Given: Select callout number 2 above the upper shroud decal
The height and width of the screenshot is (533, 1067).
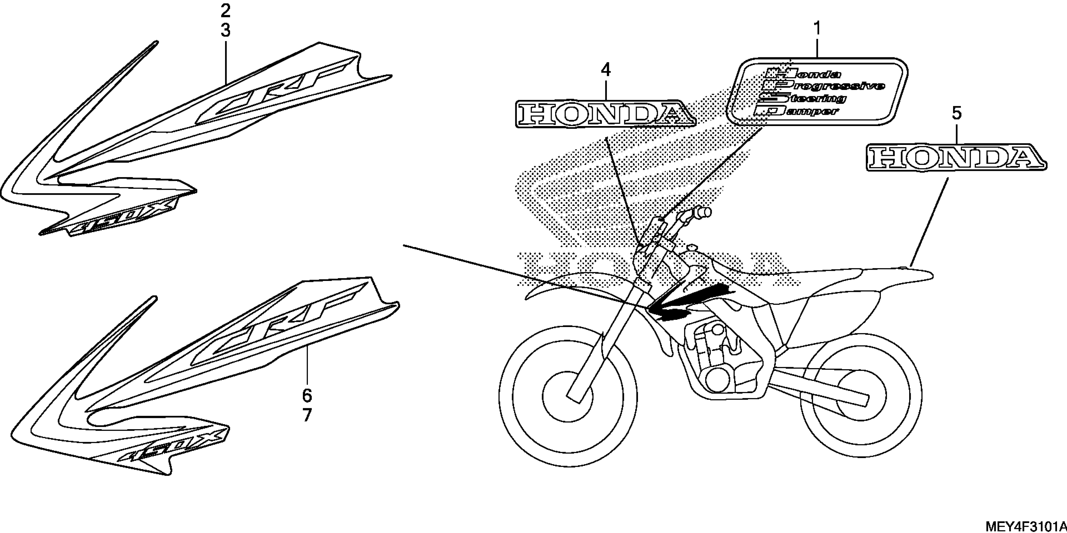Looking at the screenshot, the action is click(x=225, y=11).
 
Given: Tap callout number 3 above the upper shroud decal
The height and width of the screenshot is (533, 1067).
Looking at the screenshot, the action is click(x=225, y=30).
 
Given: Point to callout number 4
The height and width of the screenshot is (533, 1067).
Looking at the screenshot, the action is click(x=606, y=70).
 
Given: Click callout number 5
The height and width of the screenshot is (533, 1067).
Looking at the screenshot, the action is click(x=957, y=113).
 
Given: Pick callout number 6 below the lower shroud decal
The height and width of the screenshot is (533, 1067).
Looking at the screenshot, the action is click(x=307, y=396).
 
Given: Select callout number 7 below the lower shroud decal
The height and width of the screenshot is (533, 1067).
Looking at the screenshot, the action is click(x=307, y=415).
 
